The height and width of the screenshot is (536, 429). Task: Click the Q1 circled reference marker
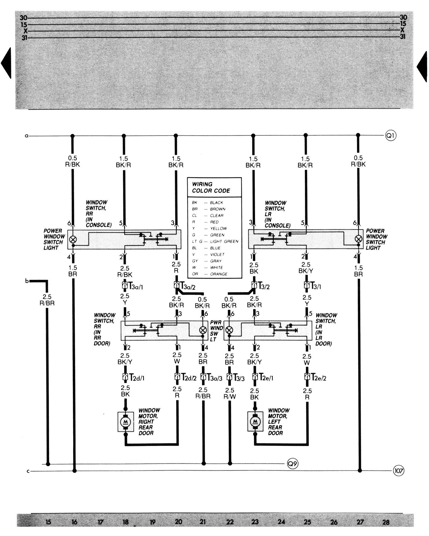coord(391,136)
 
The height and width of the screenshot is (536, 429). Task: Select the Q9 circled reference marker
coord(293,464)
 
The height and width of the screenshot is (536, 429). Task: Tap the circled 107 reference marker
coord(398,471)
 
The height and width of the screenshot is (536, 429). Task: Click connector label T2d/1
coord(137,378)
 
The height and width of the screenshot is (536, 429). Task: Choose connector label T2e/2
coord(319,378)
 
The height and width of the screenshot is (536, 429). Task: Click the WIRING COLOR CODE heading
coord(211,187)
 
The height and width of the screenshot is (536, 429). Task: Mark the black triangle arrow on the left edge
coord(6,63)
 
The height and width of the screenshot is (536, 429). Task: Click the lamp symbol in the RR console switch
coord(73,239)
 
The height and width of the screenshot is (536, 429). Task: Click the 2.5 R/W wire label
coord(230,393)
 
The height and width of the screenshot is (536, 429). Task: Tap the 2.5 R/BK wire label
coord(125,271)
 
